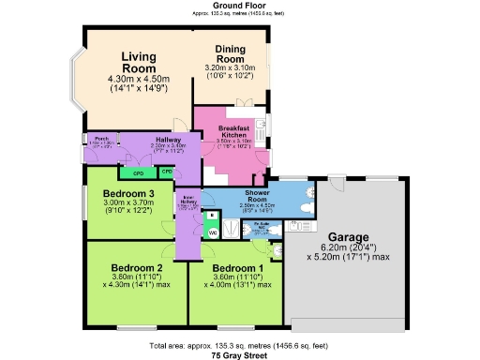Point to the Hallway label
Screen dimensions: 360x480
pos(170,140)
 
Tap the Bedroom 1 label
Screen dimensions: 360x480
pos(234,266)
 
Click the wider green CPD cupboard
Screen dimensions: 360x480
pos(137,173)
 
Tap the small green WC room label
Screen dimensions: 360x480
pos(212,232)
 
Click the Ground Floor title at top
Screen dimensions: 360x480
pos(240,6)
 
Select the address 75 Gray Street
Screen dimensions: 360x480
pos(240,355)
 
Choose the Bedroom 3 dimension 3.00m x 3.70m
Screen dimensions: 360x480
pos(129,203)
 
